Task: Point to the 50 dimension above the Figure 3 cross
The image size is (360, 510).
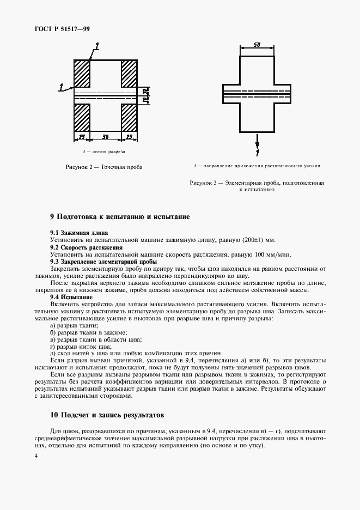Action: pyautogui.click(x=258, y=45)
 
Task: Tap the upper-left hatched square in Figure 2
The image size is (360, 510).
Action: pyautogui.click(x=82, y=71)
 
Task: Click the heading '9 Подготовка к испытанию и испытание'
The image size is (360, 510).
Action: pyautogui.click(x=120, y=217)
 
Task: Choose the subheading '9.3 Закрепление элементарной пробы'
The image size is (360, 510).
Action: pyautogui.click(x=103, y=262)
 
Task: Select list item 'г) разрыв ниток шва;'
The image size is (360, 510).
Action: pyautogui.click(x=81, y=346)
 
